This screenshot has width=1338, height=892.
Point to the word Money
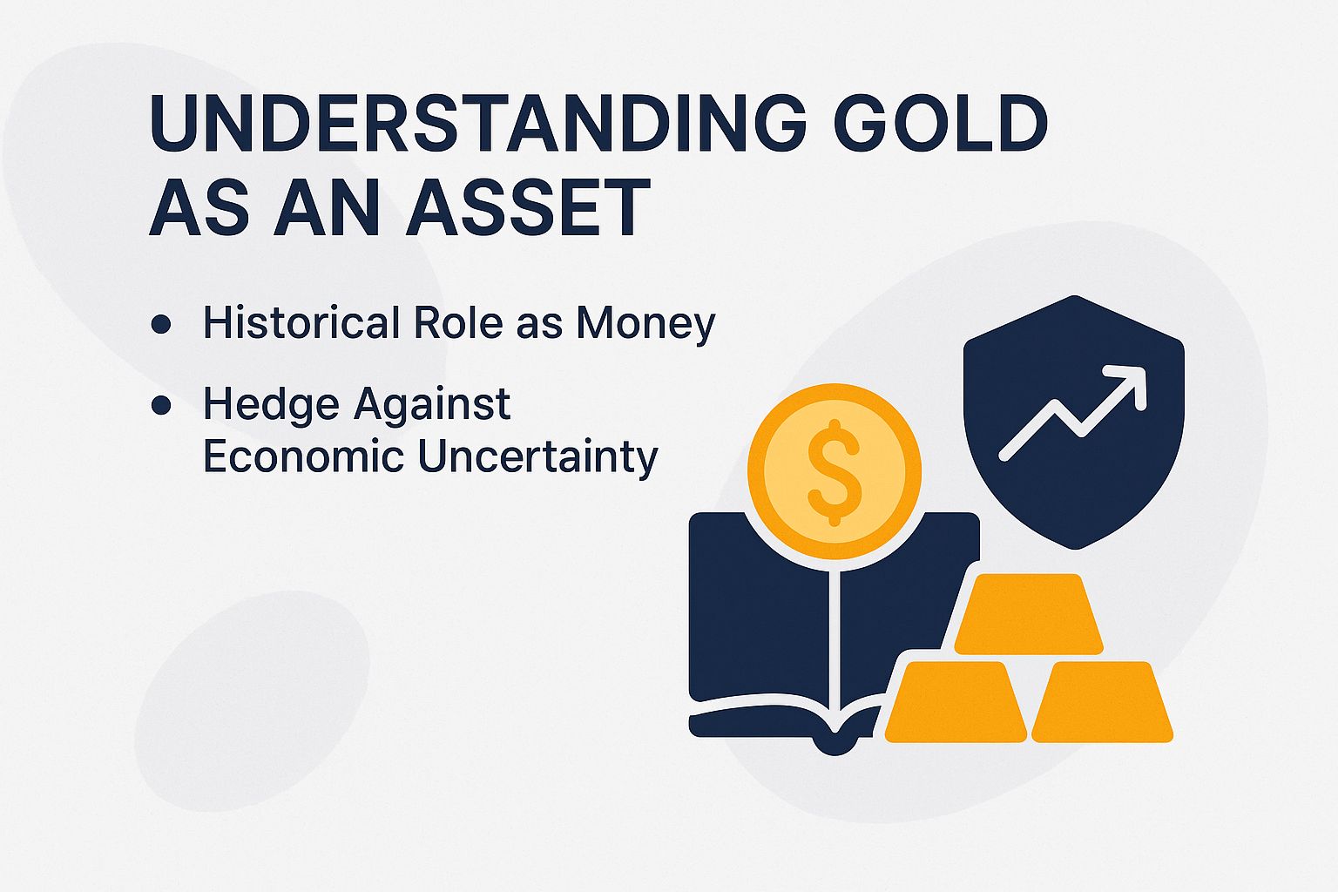click(x=645, y=324)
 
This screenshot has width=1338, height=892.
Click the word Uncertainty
click(x=537, y=456)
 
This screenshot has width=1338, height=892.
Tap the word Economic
click(x=304, y=456)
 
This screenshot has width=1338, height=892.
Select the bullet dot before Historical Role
click(x=160, y=324)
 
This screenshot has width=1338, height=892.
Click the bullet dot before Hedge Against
click(x=160, y=405)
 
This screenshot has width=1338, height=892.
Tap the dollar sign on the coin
click(x=834, y=471)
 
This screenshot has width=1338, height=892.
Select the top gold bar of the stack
click(x=1028, y=614)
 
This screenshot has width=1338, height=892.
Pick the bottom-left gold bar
click(x=955, y=703)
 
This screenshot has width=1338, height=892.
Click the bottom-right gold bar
click(x=1102, y=703)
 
